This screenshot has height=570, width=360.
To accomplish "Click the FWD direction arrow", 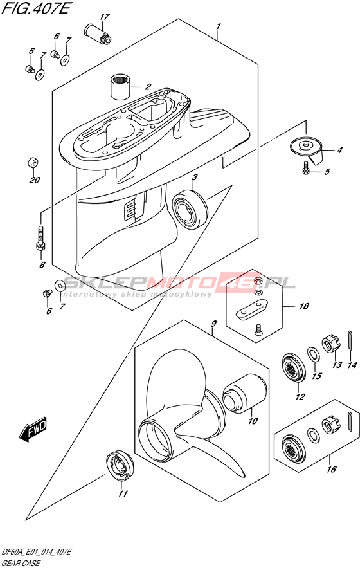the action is click(33, 428).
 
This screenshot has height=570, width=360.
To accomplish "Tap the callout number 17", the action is click(105, 17).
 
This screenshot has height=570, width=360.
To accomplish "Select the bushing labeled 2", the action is click(120, 86).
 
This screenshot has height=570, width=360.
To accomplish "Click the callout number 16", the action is click(332, 469).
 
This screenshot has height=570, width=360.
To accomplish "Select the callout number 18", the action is click(303, 306).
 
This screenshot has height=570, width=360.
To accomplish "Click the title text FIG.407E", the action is click(35, 8).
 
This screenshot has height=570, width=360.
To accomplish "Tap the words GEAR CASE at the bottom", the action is click(21, 564).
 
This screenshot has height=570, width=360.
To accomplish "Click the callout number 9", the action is click(213, 323).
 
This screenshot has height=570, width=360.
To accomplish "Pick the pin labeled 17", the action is click(97, 33).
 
